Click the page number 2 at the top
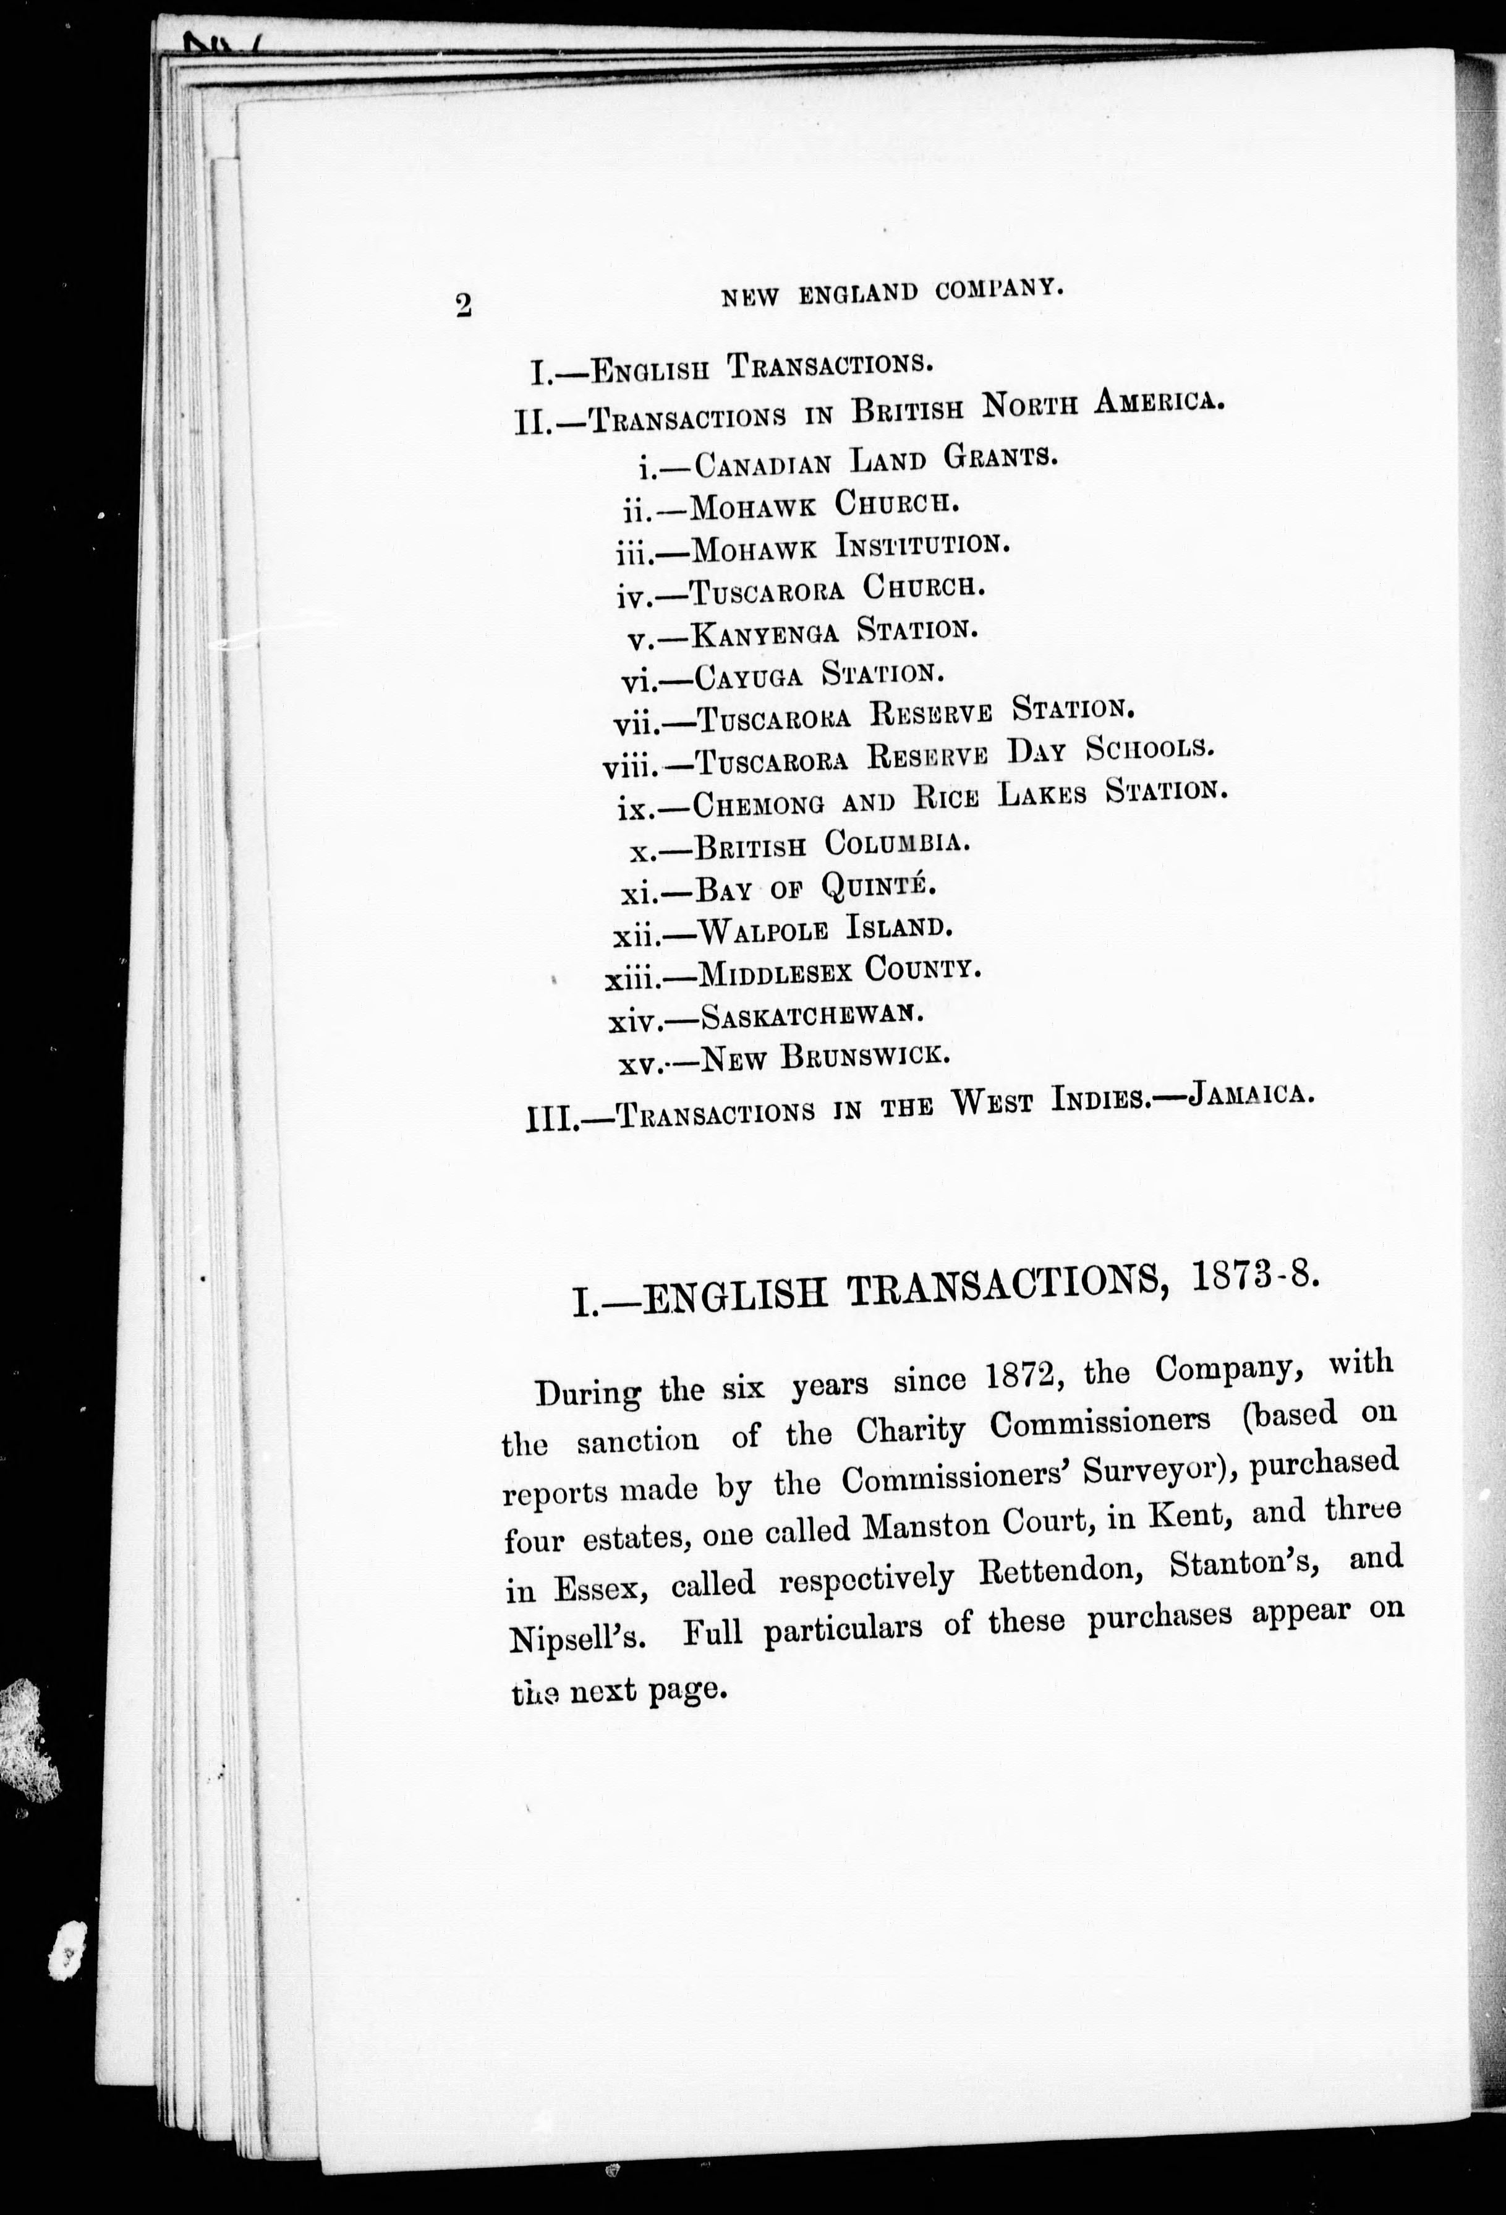coord(464,304)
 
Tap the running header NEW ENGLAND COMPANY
coord(891,291)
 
